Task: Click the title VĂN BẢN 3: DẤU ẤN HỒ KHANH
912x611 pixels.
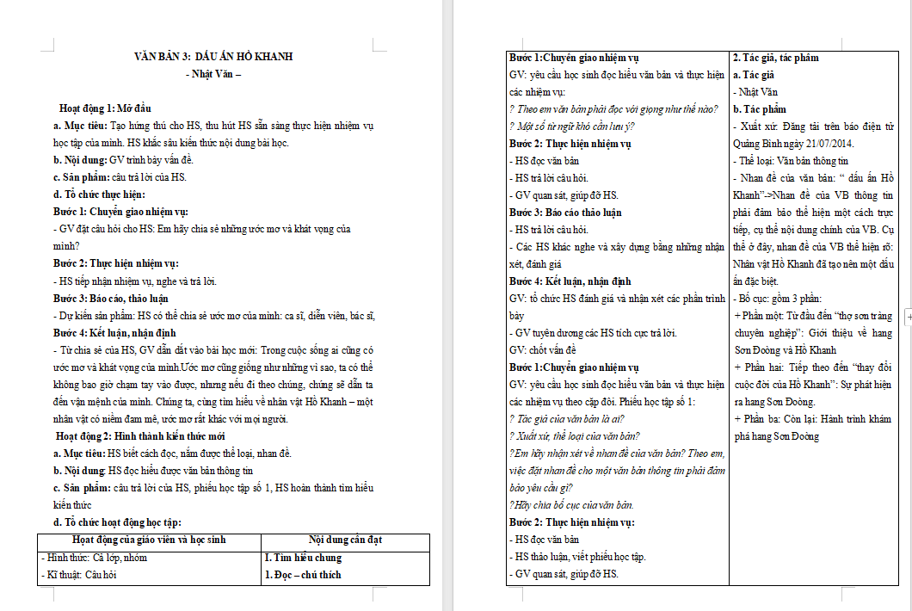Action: click(x=213, y=57)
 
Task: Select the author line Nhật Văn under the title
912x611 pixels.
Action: click(x=214, y=74)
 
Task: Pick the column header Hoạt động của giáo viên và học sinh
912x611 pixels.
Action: click(x=149, y=540)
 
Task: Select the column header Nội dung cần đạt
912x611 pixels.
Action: click(x=345, y=540)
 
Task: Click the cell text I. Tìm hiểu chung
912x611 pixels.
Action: click(x=303, y=557)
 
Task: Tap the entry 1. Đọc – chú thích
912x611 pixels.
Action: click(x=303, y=574)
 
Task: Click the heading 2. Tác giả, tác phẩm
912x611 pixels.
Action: click(x=775, y=58)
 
